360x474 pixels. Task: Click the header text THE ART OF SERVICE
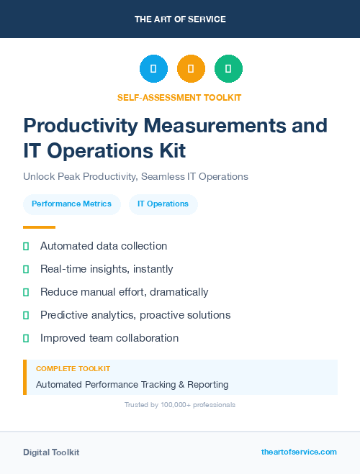(x=180, y=19)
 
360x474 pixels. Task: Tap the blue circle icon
(x=153, y=69)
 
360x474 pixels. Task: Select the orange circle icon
(x=191, y=69)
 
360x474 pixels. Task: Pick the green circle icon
(x=228, y=69)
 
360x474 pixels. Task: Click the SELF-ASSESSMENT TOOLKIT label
(x=179, y=97)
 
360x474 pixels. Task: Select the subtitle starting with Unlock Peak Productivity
(x=135, y=176)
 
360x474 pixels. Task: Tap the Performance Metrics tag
(x=71, y=204)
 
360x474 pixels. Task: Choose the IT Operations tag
(x=163, y=204)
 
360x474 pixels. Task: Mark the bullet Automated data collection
(x=104, y=246)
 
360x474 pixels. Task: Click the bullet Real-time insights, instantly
(x=107, y=269)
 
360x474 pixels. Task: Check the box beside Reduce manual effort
(x=26, y=292)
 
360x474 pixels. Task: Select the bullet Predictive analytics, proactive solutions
(x=135, y=315)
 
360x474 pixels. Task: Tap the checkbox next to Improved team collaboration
(x=26, y=338)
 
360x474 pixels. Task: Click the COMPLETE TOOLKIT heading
(x=73, y=368)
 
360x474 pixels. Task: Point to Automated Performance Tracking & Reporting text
(x=132, y=384)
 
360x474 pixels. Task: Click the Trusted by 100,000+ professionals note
(x=179, y=405)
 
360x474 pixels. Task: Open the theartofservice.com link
(x=299, y=452)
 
